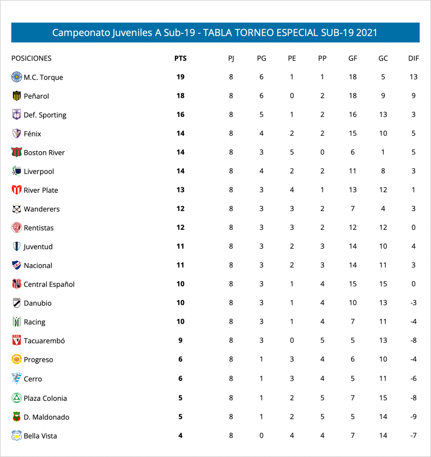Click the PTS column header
(181, 58)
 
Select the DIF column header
(414, 58)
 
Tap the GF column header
(353, 58)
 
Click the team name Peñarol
(36, 96)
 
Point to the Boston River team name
(44, 153)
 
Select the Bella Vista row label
(40, 436)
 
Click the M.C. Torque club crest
(17, 77)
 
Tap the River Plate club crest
(17, 190)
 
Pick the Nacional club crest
(17, 266)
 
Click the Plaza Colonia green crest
(17, 398)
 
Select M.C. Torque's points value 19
(181, 77)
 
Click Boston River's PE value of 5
(292, 152)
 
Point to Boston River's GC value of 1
(383, 152)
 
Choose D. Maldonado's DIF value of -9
(414, 417)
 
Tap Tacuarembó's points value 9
(181, 341)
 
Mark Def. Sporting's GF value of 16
(353, 115)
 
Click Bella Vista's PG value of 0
(262, 436)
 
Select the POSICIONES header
(31, 58)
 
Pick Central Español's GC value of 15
(383, 284)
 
